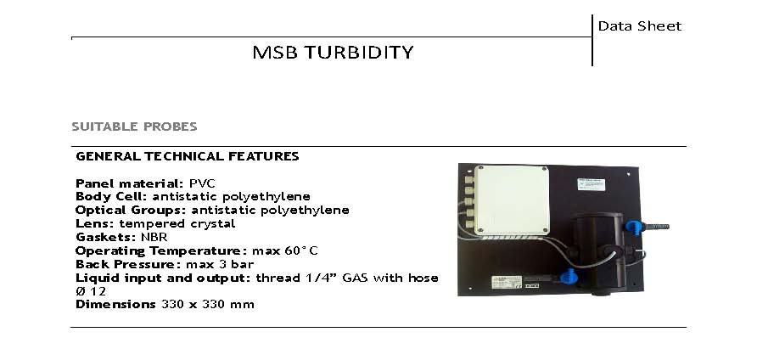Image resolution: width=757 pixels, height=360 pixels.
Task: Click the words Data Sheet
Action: click(x=639, y=25)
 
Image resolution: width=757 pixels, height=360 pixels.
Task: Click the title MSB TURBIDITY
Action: click(x=333, y=53)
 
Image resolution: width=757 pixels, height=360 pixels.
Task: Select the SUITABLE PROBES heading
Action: click(x=134, y=127)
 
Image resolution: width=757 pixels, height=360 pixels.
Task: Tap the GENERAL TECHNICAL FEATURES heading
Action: click(x=187, y=156)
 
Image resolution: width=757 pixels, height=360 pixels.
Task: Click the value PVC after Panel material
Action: click(x=201, y=183)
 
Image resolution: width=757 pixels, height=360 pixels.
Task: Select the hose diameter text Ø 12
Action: click(x=91, y=291)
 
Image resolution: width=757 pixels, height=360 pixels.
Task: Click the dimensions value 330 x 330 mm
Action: click(x=207, y=304)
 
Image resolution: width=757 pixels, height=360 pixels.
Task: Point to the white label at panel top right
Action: click(x=592, y=183)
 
